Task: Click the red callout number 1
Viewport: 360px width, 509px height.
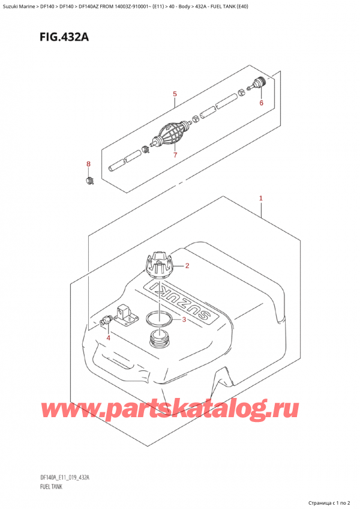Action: (x=260, y=198)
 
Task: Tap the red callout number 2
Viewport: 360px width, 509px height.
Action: (x=187, y=266)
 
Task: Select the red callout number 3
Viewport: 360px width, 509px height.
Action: (x=184, y=319)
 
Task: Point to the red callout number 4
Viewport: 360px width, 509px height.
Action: (x=108, y=338)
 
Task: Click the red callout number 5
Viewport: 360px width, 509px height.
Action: (x=175, y=94)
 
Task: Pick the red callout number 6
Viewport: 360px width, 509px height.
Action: (x=262, y=103)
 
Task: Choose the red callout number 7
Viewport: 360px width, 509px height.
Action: (x=175, y=155)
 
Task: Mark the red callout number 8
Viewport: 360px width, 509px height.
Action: (x=88, y=164)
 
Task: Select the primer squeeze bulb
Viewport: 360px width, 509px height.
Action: (x=171, y=134)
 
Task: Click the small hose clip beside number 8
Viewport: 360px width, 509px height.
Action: (x=89, y=181)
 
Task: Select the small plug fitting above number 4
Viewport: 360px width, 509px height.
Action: (x=106, y=319)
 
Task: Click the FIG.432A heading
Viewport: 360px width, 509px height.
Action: (x=64, y=37)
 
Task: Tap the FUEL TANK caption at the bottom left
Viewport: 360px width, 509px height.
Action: (x=51, y=487)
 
